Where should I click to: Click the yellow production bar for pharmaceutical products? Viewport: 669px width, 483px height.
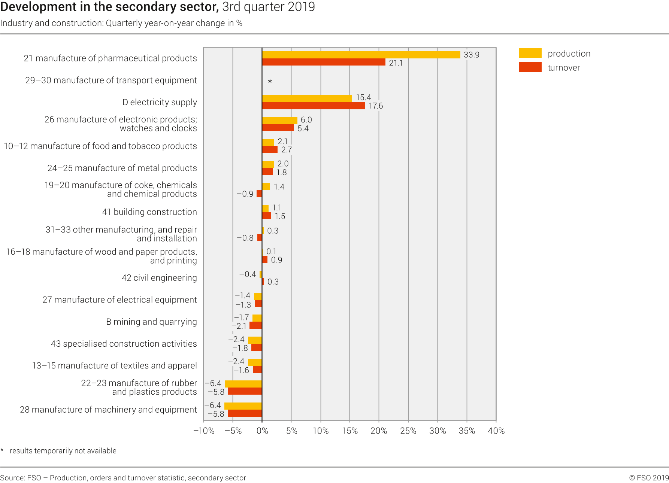tap(361, 55)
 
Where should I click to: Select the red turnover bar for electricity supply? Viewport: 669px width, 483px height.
tap(313, 106)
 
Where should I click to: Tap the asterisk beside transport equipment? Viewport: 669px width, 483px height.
tap(270, 81)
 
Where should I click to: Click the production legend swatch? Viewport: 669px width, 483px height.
tap(530, 53)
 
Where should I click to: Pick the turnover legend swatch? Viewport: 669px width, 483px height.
tap(530, 67)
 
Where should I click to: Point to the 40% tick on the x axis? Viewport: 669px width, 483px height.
tap(496, 431)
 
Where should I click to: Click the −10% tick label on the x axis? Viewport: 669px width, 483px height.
tap(204, 431)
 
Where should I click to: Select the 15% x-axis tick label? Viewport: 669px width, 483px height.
tap(350, 431)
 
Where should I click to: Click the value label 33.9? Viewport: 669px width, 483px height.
tap(471, 55)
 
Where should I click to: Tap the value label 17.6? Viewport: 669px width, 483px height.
tap(376, 106)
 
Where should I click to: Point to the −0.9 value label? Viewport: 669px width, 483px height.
tap(245, 194)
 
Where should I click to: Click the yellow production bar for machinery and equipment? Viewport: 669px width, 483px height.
tap(243, 406)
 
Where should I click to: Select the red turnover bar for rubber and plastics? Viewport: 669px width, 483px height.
tap(245, 391)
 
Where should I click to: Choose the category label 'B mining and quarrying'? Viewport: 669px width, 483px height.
tap(151, 322)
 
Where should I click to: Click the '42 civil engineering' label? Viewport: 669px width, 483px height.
tap(159, 278)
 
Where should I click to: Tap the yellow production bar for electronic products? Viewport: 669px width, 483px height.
tap(279, 121)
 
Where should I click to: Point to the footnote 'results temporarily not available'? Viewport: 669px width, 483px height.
tap(63, 451)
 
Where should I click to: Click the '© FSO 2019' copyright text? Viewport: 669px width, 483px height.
tap(649, 478)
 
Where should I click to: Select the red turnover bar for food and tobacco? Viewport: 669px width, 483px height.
tap(270, 150)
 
